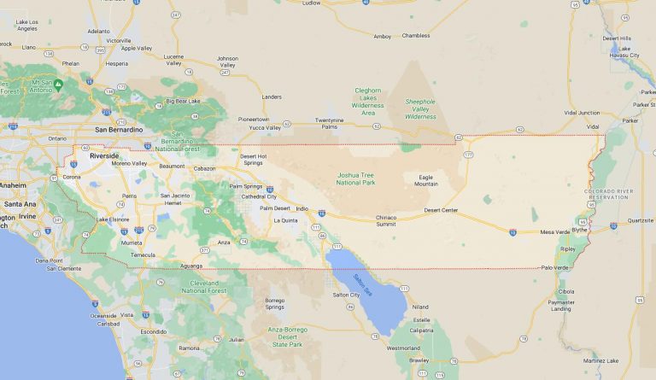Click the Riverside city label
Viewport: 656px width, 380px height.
click(x=104, y=156)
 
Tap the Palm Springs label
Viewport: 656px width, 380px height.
click(x=246, y=185)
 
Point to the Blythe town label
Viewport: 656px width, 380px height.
click(x=580, y=229)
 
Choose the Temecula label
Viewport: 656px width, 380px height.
click(x=142, y=254)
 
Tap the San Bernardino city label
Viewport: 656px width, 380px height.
click(x=119, y=129)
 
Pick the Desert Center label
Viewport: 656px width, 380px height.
click(x=441, y=210)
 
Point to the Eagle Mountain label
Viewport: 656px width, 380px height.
click(x=426, y=180)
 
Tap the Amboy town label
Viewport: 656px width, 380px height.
click(x=382, y=36)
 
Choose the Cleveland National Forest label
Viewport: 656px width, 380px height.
click(x=205, y=285)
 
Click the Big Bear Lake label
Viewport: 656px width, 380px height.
click(x=183, y=101)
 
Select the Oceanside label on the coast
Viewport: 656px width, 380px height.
click(x=103, y=315)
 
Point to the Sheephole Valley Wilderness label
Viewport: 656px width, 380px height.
click(x=419, y=108)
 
